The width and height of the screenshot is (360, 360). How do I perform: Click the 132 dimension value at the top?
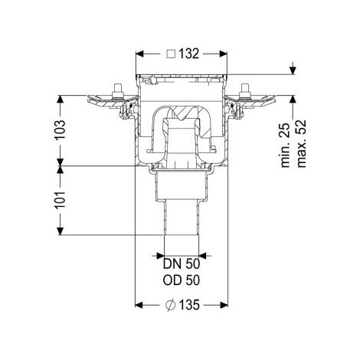(x=188, y=54)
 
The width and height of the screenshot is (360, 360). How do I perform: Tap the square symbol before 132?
(x=171, y=54)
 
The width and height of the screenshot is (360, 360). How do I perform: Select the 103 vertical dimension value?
(x=61, y=129)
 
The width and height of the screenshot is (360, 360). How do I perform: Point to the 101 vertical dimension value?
(x=61, y=199)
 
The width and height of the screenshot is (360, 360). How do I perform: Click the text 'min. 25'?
(x=286, y=145)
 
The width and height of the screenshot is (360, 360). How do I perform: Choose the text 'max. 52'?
(x=301, y=143)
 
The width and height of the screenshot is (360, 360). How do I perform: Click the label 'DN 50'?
(x=182, y=264)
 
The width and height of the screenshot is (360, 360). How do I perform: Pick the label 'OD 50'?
(x=182, y=280)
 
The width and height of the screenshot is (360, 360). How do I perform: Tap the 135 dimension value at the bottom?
(x=189, y=305)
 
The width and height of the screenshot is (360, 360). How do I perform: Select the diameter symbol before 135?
(x=170, y=305)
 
